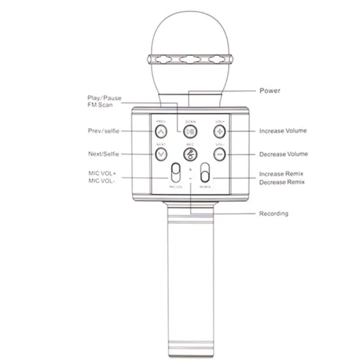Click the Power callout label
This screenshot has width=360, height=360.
pyautogui.click(x=270, y=90)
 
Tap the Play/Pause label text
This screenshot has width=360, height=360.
pyautogui.click(x=104, y=98)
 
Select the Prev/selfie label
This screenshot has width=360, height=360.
pyautogui.click(x=103, y=131)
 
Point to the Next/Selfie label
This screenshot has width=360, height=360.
pyautogui.click(x=103, y=154)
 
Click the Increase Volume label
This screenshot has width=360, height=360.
pyautogui.click(x=283, y=131)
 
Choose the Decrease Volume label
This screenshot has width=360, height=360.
pyautogui.click(x=283, y=154)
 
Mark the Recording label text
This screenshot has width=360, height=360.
pyautogui.click(x=274, y=213)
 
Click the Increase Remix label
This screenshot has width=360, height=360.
pyautogui.click(x=281, y=174)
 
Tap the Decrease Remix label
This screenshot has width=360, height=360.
pyautogui.click(x=282, y=182)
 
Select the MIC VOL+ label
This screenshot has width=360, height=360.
pyautogui.click(x=101, y=173)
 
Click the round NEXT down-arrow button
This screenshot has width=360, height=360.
pyautogui.click(x=161, y=154)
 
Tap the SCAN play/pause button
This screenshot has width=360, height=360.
pyautogui.click(x=190, y=131)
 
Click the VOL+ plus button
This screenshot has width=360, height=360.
pyautogui.click(x=219, y=131)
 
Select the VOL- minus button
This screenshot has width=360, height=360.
pyautogui.click(x=219, y=154)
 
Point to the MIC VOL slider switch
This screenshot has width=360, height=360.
pyautogui.click(x=176, y=174)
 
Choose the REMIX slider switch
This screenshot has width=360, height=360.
pyautogui.click(x=205, y=173)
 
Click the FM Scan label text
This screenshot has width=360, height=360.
pyautogui.click(x=100, y=105)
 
